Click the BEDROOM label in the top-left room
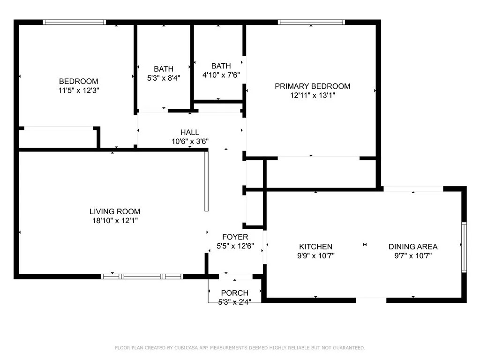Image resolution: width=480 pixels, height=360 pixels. point(78,81)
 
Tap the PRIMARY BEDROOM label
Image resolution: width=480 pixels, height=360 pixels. point(312,86)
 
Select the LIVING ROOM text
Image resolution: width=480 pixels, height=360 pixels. point(115,211)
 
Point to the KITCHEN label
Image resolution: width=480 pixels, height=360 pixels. point(316,247)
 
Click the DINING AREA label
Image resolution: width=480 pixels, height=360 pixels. point(413,247)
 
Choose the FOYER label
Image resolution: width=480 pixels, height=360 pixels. point(235,237)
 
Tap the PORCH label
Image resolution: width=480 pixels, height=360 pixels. point(235,293)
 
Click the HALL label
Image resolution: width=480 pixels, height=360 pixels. point(190,132)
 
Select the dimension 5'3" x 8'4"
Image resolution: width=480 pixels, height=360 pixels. point(164,78)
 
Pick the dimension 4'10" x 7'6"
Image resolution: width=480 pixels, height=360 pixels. point(221,75)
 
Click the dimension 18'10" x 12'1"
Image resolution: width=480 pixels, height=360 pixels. point(115,220)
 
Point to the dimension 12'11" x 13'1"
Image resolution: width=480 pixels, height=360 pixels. point(312,95)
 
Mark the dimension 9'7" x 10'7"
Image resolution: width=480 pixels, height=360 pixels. point(413,255)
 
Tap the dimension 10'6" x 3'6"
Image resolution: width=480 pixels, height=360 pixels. point(190,141)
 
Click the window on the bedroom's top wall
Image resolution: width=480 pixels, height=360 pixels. point(75,22)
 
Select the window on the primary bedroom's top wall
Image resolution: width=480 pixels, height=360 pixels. point(311,22)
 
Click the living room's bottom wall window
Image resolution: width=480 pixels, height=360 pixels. point(142,277)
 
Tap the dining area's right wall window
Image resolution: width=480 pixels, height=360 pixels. point(464,247)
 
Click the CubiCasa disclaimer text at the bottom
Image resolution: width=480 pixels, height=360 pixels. point(240,348)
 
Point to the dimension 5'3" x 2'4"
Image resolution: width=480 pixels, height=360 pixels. point(235,301)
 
